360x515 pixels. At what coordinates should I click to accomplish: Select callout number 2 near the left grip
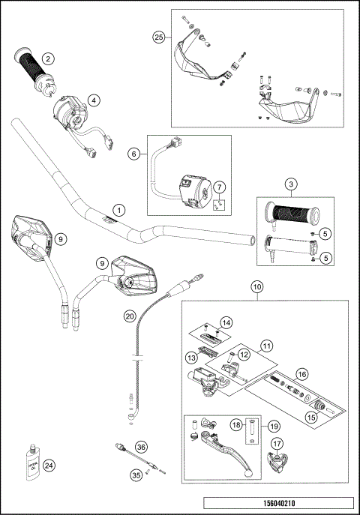(47, 58)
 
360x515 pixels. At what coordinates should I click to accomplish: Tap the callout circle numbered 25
(158, 37)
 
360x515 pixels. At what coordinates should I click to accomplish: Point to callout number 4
(92, 99)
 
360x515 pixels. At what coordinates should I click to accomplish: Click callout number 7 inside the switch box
(218, 186)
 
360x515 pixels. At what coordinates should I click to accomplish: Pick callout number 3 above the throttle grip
(287, 184)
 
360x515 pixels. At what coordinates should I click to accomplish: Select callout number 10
(256, 286)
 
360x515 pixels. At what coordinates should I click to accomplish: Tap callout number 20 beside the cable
(130, 316)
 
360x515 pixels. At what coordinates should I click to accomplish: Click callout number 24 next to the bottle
(49, 465)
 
